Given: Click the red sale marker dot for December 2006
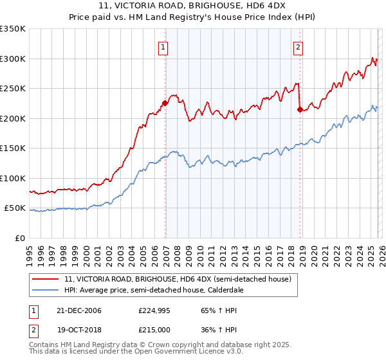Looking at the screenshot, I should (165, 103).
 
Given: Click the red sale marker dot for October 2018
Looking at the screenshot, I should (300, 109).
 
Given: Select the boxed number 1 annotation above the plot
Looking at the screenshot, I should (163, 46).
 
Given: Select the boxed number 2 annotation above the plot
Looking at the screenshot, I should (299, 46).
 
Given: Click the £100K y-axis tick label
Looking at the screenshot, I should (13, 178).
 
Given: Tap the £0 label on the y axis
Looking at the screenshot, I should (19, 238).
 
